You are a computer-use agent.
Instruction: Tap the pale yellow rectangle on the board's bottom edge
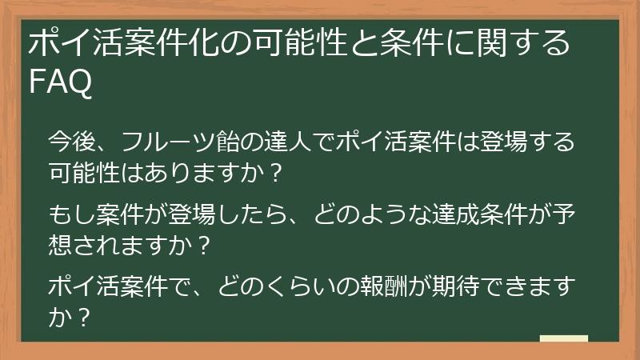[563, 339]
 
